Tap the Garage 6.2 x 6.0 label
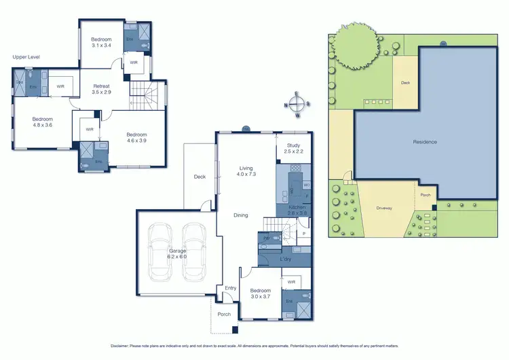click(172, 253)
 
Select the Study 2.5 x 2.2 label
click(293, 148)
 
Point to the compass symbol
click(297, 105)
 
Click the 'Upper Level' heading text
click(26, 57)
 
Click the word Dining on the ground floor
click(240, 215)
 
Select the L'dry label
click(286, 259)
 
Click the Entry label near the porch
click(231, 288)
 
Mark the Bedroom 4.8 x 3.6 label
click(42, 122)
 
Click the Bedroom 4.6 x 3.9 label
click(136, 138)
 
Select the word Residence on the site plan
click(425, 142)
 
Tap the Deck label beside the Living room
click(200, 177)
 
